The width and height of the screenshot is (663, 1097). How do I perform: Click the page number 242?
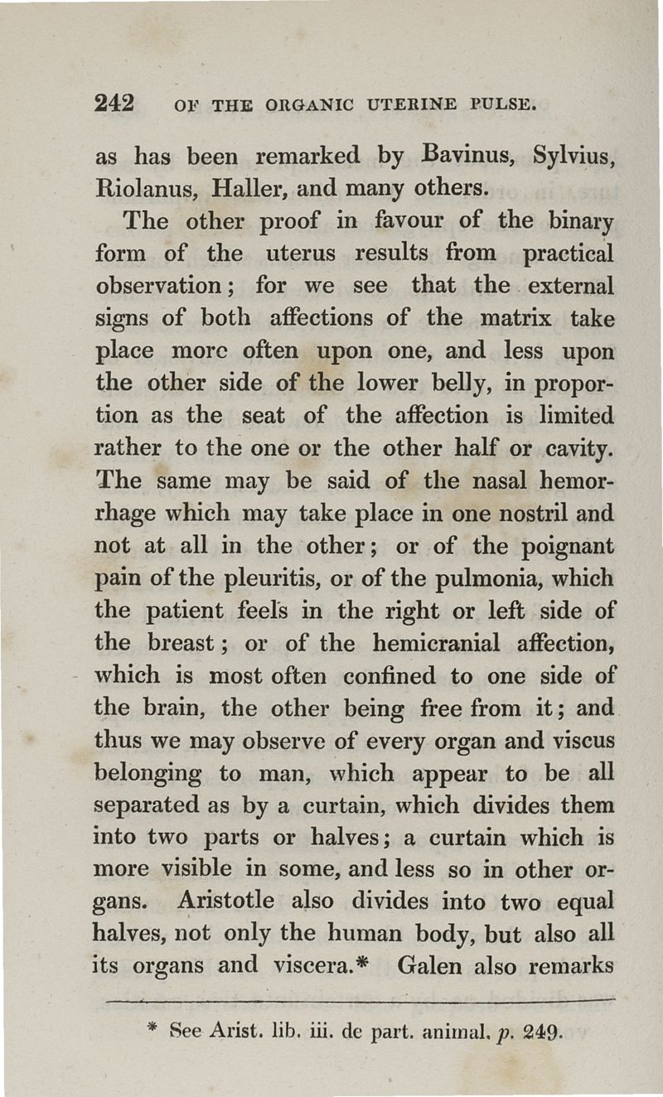(115, 103)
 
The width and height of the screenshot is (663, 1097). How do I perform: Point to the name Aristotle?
(234, 901)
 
